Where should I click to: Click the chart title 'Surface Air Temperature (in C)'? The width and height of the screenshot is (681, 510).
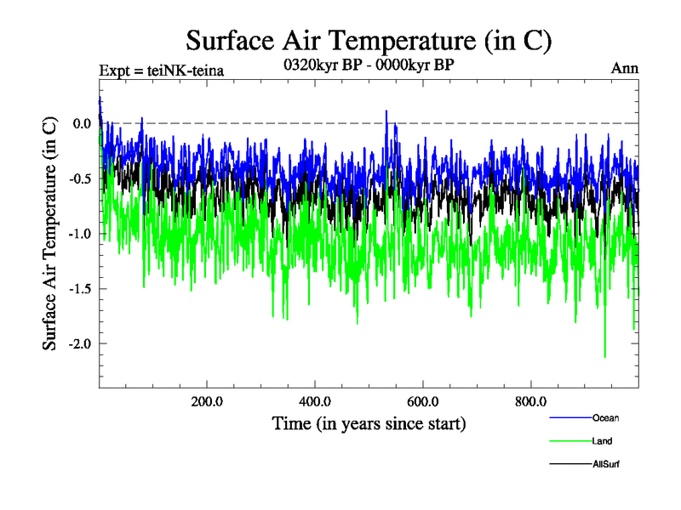click(369, 40)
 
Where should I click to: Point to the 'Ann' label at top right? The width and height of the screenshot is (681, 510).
click(625, 68)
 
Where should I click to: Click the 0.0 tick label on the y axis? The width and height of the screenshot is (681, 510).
click(83, 124)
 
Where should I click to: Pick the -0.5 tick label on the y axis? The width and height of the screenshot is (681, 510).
click(81, 179)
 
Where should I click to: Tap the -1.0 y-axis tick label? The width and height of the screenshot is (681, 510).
click(81, 234)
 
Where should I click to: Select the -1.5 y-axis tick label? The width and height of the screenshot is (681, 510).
click(81, 289)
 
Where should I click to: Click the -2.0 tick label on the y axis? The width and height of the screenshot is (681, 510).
click(81, 344)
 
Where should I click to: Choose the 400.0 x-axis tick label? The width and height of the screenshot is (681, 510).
click(315, 401)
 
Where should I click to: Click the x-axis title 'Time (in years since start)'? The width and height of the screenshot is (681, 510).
click(369, 423)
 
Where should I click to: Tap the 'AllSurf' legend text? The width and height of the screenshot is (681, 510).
click(605, 464)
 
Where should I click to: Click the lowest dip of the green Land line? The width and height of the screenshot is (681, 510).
click(604, 358)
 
